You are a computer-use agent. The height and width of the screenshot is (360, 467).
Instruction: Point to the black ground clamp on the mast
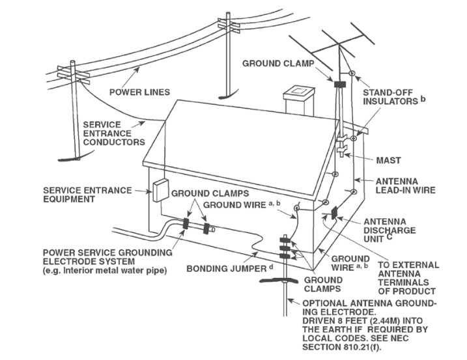pos(339,84)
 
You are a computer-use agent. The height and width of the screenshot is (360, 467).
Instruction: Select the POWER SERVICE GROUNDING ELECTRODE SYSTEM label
pos(107,260)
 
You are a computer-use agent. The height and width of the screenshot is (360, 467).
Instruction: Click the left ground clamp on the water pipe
pos(186,225)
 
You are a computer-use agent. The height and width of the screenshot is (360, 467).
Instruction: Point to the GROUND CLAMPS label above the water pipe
pos(207,193)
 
